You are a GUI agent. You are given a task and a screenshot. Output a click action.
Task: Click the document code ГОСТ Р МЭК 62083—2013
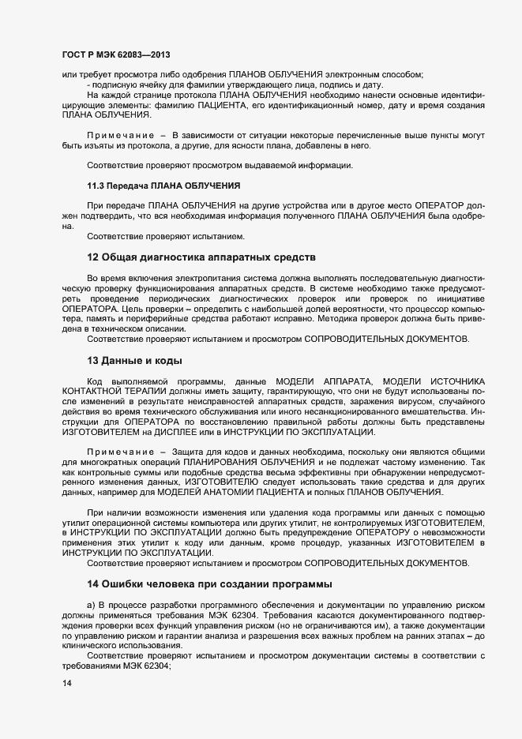pos(116,54)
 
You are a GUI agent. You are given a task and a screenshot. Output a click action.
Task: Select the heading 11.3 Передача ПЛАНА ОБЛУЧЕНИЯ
pos(163,186)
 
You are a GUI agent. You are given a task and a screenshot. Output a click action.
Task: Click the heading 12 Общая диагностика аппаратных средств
pos(201,257)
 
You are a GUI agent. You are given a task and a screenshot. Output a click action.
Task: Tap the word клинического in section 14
pos(90,645)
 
